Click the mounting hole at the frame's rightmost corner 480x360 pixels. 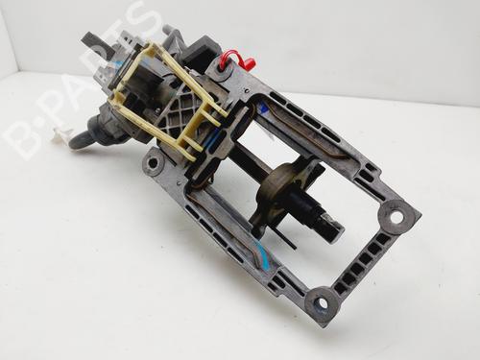coord(396,218)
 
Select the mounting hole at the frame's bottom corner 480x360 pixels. coord(321,302)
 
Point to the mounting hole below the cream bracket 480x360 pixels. coord(153,163)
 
